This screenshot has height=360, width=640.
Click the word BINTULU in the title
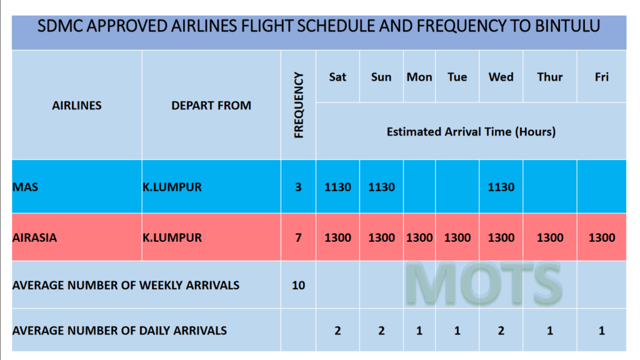[x=567, y=26]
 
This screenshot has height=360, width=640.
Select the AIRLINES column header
[x=77, y=106]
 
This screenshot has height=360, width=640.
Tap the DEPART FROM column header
[x=211, y=106]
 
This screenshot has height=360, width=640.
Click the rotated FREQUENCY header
[x=299, y=105]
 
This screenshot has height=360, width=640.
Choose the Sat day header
[x=337, y=77]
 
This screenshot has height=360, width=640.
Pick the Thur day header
[x=550, y=77]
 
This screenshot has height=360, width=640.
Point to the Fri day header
[x=602, y=77]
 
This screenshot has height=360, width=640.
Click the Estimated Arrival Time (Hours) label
[x=471, y=132]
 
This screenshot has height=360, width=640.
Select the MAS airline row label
[x=25, y=187]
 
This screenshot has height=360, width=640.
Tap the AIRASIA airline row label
[x=35, y=238]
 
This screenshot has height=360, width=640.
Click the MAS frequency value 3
[x=298, y=187]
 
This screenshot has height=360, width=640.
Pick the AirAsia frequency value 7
[x=298, y=238]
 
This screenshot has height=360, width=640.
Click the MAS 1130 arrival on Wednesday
[x=501, y=187]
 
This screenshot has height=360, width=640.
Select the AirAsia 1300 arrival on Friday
[x=602, y=238]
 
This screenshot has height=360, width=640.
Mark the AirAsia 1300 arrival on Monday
[x=419, y=238]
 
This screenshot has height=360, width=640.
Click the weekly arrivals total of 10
[x=298, y=285]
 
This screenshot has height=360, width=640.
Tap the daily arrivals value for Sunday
[x=381, y=331]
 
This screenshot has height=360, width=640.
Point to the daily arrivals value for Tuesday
[x=457, y=331]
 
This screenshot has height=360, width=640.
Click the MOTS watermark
[x=484, y=283]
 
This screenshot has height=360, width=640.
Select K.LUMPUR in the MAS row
[x=172, y=187]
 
